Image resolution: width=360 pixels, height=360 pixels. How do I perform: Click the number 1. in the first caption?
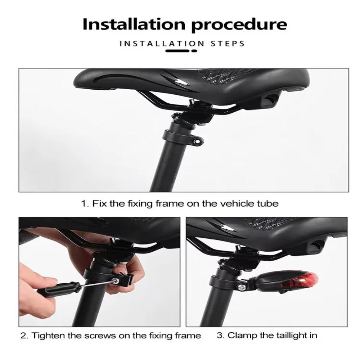click(85, 203)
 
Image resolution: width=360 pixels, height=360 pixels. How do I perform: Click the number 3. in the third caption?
click(220, 336)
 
